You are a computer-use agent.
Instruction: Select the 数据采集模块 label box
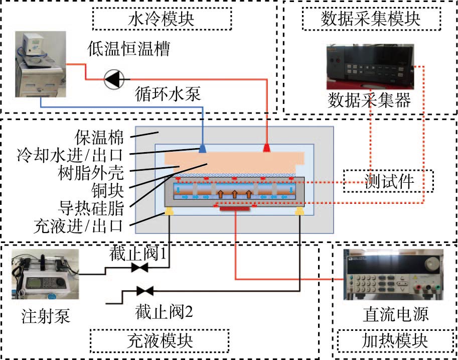[x=369, y=20]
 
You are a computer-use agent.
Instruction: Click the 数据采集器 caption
[x=369, y=100]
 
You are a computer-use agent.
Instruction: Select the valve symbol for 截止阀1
[x=139, y=269]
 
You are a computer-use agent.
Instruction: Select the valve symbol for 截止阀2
[x=145, y=291]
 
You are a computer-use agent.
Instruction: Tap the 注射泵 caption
[x=46, y=317]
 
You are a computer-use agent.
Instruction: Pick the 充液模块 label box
[x=159, y=341]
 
